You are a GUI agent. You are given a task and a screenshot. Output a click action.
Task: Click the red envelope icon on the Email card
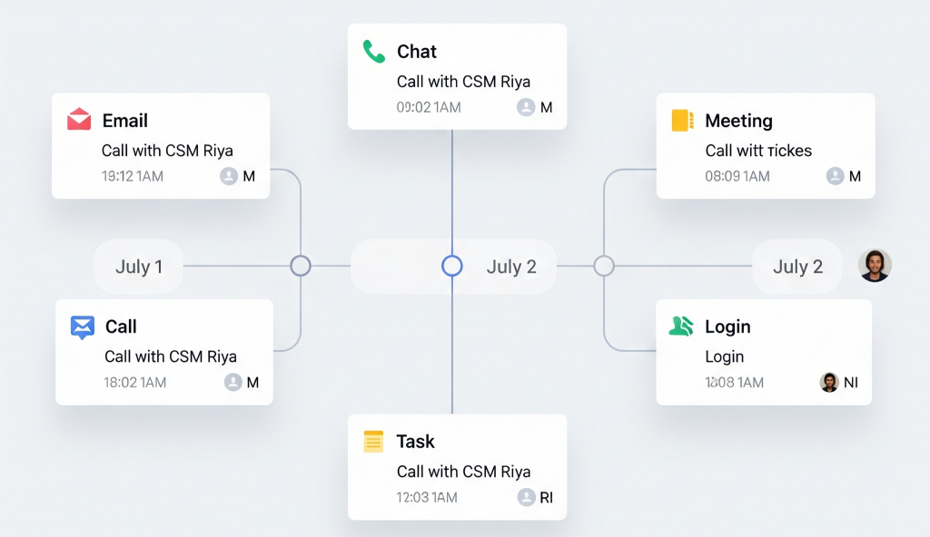(x=79, y=120)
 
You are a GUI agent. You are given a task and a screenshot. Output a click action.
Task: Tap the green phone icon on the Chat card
(x=374, y=51)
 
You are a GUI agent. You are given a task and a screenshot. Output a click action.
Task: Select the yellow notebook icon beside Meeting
(x=682, y=121)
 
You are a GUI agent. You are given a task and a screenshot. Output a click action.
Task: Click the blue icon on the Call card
(x=83, y=327)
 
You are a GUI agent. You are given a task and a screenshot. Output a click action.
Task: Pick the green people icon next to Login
(x=681, y=327)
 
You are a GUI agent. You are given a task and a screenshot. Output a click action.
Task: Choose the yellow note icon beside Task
(x=373, y=442)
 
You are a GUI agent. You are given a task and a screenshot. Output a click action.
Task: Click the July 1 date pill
(x=139, y=267)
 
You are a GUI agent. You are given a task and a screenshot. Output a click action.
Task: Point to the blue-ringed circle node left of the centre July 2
(x=452, y=266)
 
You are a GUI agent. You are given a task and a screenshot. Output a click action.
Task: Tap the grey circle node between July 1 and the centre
(x=301, y=266)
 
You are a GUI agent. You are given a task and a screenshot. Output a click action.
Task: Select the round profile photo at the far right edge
(x=875, y=266)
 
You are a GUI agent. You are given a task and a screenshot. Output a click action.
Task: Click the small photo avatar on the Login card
(x=829, y=382)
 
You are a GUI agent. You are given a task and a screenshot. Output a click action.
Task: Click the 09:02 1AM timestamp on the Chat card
(x=429, y=107)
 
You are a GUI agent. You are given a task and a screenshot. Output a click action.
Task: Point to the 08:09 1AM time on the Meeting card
(x=737, y=176)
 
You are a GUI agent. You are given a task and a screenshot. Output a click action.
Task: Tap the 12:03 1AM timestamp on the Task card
(x=427, y=497)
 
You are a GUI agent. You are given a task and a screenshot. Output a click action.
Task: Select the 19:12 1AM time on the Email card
(x=133, y=176)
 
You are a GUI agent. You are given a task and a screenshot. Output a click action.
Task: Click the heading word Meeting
(x=738, y=121)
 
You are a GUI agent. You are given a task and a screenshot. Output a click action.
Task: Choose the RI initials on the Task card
(x=546, y=497)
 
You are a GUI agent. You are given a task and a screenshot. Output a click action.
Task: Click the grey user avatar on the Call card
(x=233, y=382)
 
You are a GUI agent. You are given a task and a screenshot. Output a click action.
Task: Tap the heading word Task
(x=415, y=442)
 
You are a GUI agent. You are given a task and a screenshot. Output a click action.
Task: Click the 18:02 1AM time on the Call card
(x=135, y=382)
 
